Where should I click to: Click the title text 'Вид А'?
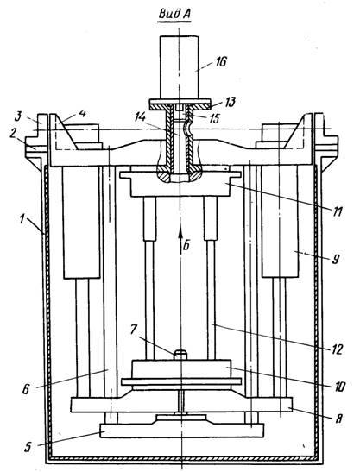click(x=174, y=14)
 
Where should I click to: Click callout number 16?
click(x=220, y=62)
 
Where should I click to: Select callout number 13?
click(x=231, y=102)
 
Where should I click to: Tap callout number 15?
click(x=213, y=118)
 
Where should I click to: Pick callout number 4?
click(x=82, y=114)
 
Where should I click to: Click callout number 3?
click(x=18, y=116)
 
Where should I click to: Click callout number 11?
click(x=338, y=212)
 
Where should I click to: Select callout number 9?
click(x=335, y=259)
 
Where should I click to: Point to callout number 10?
click(x=339, y=387)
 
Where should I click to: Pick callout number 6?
click(x=26, y=389)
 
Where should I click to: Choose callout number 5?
click(x=28, y=447)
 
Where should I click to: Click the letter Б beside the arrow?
click(x=186, y=246)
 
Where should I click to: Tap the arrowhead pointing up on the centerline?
click(x=180, y=232)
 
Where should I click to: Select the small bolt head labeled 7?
click(x=180, y=355)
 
